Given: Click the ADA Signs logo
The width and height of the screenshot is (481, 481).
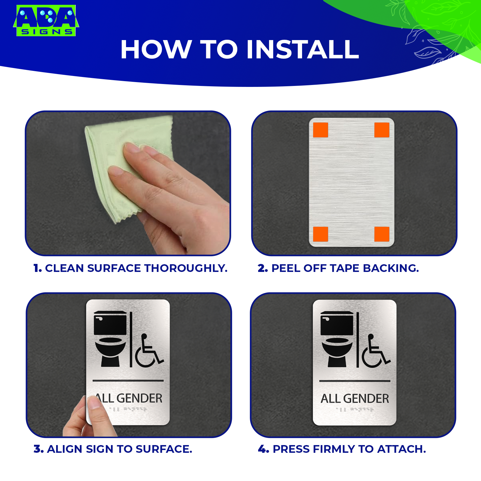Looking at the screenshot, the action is pyautogui.click(x=46, y=20).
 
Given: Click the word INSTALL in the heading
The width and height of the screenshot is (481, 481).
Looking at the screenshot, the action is pyautogui.click(x=303, y=49).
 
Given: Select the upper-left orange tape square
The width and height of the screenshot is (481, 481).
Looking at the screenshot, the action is pyautogui.click(x=320, y=130).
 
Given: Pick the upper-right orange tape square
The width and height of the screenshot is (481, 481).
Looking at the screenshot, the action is pyautogui.click(x=382, y=130).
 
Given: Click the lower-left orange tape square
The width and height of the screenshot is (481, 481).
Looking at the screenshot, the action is pyautogui.click(x=320, y=234).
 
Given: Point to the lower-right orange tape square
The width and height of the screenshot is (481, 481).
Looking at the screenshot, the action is pyautogui.click(x=382, y=234).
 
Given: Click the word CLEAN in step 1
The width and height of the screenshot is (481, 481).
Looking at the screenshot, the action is pyautogui.click(x=64, y=268).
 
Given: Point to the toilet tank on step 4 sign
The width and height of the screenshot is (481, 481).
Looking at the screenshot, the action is pyautogui.click(x=337, y=323).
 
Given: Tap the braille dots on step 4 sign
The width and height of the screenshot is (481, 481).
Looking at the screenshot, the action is pyautogui.click(x=355, y=409).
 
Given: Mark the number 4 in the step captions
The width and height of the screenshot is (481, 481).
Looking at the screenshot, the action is pyautogui.click(x=263, y=449).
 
